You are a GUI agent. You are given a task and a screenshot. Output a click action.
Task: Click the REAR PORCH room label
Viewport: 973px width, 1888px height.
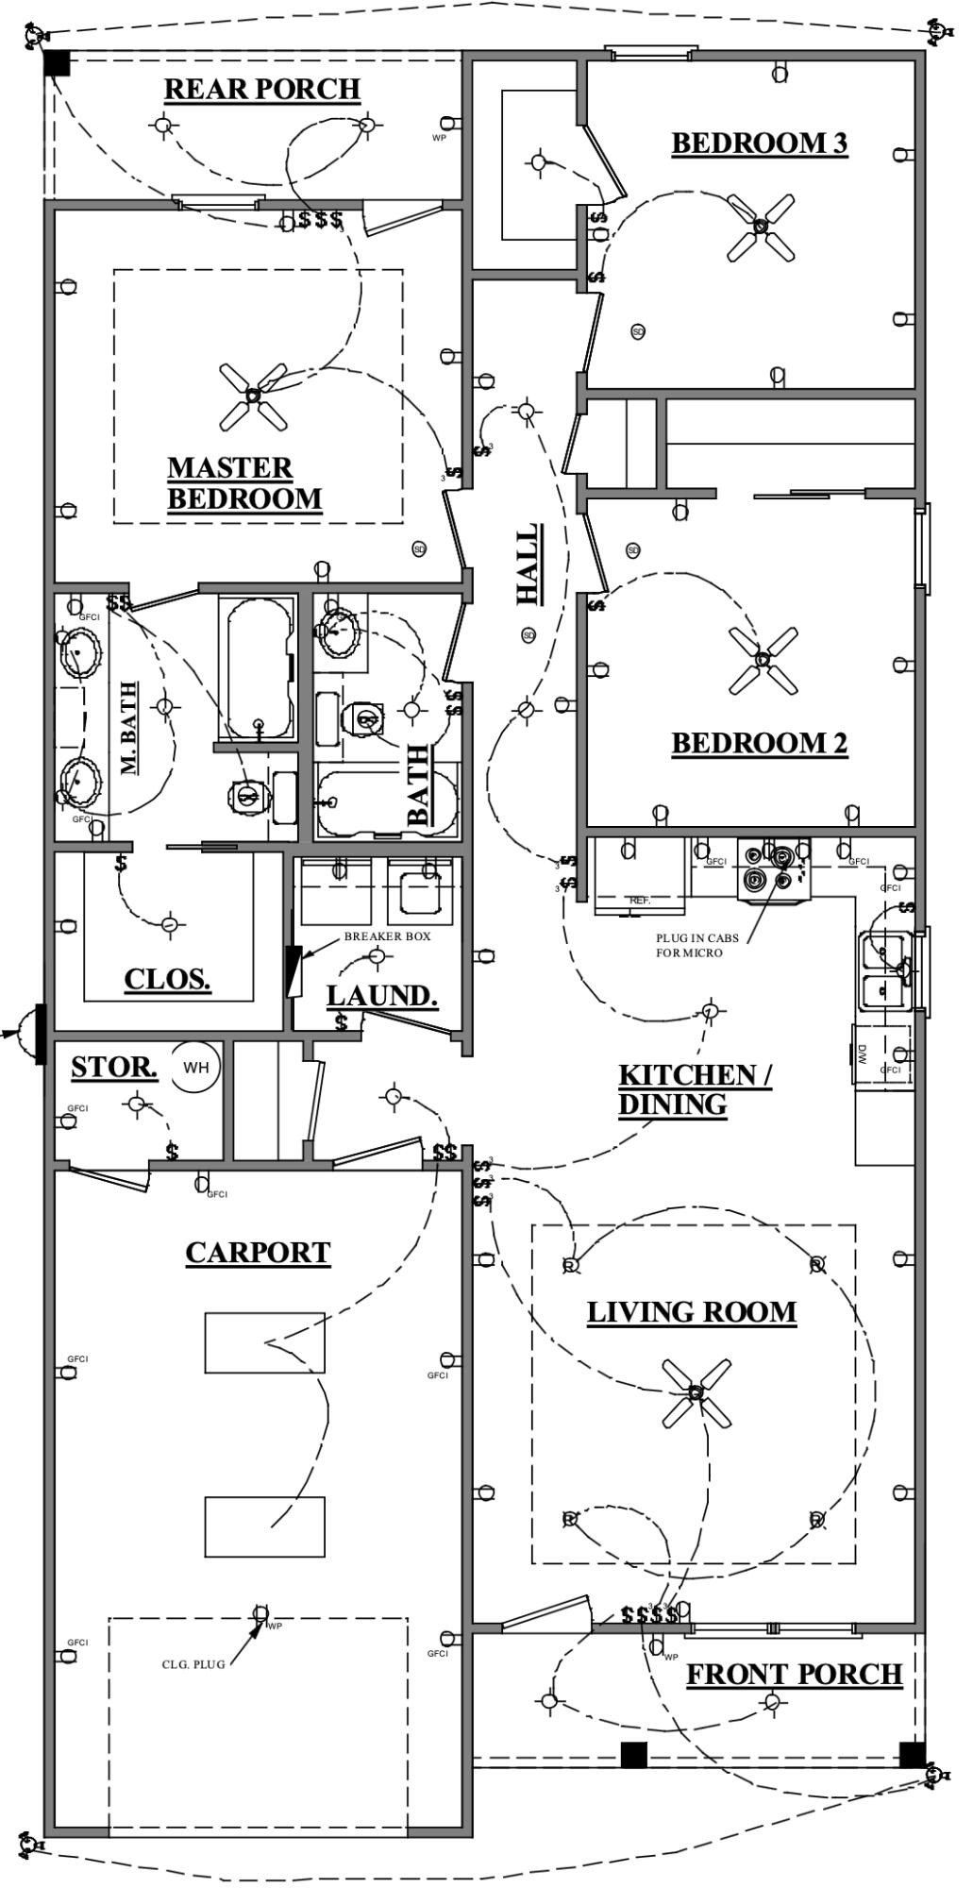click(x=262, y=90)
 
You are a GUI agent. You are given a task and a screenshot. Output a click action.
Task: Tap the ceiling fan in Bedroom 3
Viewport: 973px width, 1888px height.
click(x=761, y=227)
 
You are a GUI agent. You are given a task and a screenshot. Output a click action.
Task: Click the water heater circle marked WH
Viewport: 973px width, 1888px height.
click(x=196, y=1067)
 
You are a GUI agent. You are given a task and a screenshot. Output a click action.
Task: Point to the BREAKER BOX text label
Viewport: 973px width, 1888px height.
click(x=387, y=936)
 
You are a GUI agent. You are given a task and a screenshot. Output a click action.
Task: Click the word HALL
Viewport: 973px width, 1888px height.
click(x=528, y=565)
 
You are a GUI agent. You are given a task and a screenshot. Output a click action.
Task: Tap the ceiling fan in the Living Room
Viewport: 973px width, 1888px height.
click(x=696, y=1391)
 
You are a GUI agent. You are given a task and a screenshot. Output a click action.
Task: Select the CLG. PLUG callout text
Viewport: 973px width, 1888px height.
click(x=193, y=1664)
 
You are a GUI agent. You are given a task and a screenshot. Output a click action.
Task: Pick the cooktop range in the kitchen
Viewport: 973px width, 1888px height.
click(x=774, y=869)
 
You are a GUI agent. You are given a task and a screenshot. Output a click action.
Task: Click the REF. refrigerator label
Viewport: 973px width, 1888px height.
click(x=640, y=901)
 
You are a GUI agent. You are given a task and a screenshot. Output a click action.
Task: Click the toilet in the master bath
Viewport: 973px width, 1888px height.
click(x=247, y=796)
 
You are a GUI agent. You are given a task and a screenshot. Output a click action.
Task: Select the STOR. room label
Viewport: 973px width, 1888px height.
click(x=114, y=1069)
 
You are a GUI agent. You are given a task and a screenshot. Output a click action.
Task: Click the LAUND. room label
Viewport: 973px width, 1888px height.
click(x=382, y=996)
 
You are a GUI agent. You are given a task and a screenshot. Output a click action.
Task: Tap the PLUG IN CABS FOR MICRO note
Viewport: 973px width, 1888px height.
click(x=697, y=946)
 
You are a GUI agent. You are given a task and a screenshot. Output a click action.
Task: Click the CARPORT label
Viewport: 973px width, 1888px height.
click(x=258, y=1253)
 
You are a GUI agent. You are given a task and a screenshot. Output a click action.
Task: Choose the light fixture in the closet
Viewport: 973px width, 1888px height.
click(x=169, y=924)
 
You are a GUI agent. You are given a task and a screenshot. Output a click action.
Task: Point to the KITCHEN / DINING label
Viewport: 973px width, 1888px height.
click(x=694, y=1089)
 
